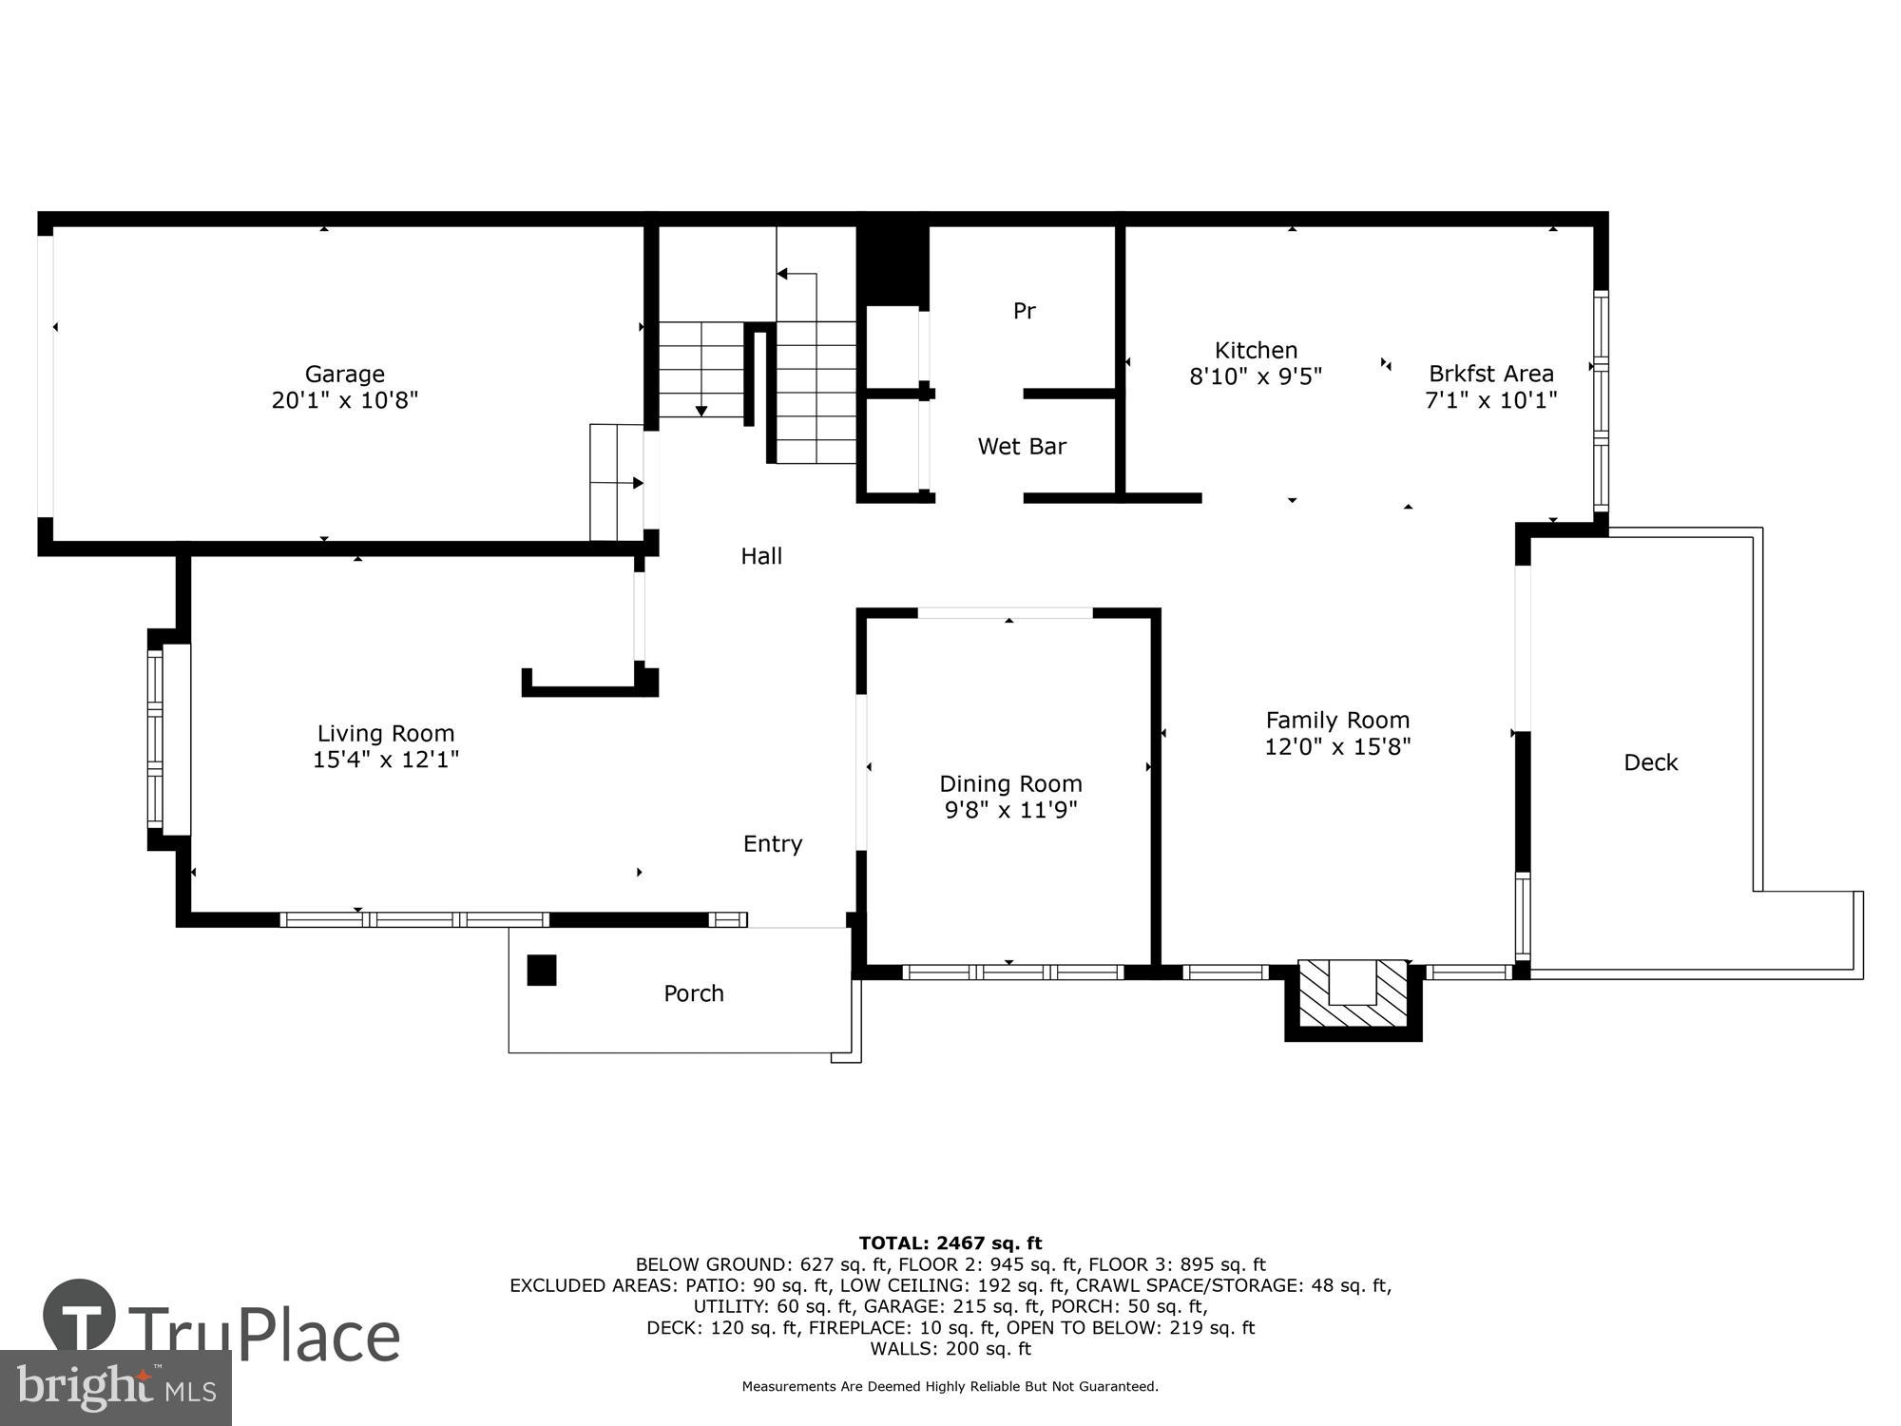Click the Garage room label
[x=344, y=374]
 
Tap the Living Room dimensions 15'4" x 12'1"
[x=386, y=760]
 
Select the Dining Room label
[x=1010, y=783]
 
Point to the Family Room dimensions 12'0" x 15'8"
[x=1337, y=746]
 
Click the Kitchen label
[x=1256, y=350]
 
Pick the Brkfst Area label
[x=1490, y=374]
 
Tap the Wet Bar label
[x=1022, y=446]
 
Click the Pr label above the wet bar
[x=1024, y=311]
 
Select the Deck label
[x=1650, y=761]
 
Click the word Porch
[x=693, y=992]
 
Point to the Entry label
[x=772, y=843]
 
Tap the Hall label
[x=761, y=556]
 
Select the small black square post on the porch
[x=541, y=970]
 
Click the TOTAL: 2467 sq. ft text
[x=950, y=1243]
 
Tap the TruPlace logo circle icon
[x=79, y=1316]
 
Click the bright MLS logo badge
[x=115, y=1387]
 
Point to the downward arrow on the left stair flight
[x=701, y=410]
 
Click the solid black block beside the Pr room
[x=892, y=264]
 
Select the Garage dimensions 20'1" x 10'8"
[x=344, y=400]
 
